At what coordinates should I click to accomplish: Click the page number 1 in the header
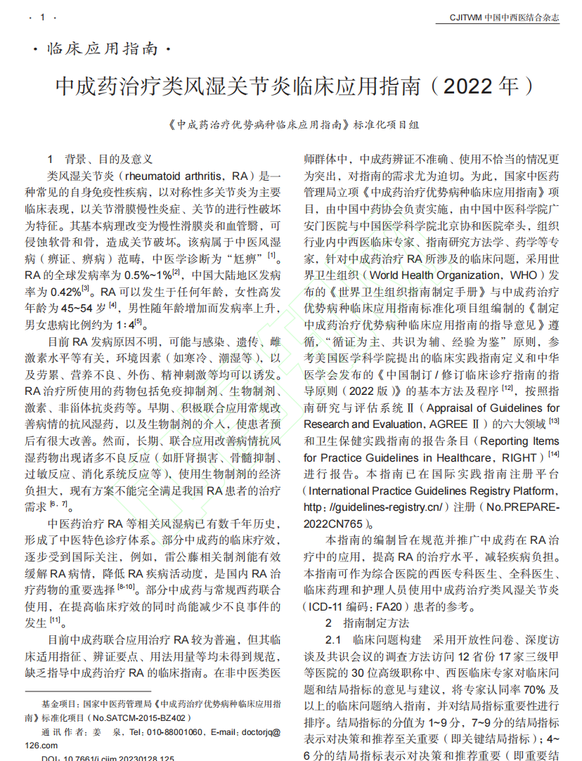(44, 17)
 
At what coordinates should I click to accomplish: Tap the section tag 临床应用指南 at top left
(102, 50)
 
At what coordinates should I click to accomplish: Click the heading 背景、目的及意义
(108, 159)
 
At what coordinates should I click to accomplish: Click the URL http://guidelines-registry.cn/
(373, 507)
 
